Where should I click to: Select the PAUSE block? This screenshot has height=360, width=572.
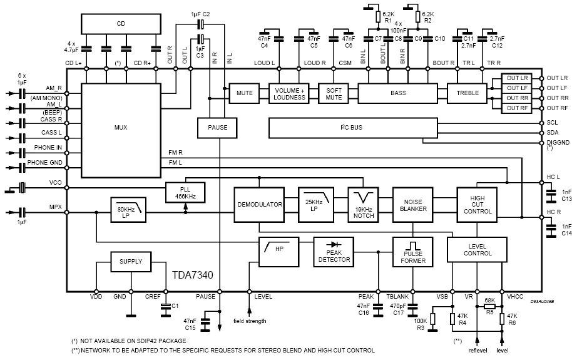[x=217, y=127]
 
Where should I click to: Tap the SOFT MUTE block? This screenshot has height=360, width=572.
[x=334, y=93]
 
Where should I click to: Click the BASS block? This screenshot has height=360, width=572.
[x=398, y=93]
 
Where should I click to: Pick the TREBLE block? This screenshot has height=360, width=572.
[x=467, y=93]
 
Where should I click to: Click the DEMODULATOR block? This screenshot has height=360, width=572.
[x=260, y=205]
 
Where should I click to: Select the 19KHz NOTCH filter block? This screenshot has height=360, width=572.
[x=364, y=203]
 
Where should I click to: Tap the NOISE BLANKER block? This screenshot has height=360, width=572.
[x=411, y=205]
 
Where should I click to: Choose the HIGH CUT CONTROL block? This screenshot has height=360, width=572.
[x=478, y=204]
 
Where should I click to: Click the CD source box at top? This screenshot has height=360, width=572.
[x=121, y=24]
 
